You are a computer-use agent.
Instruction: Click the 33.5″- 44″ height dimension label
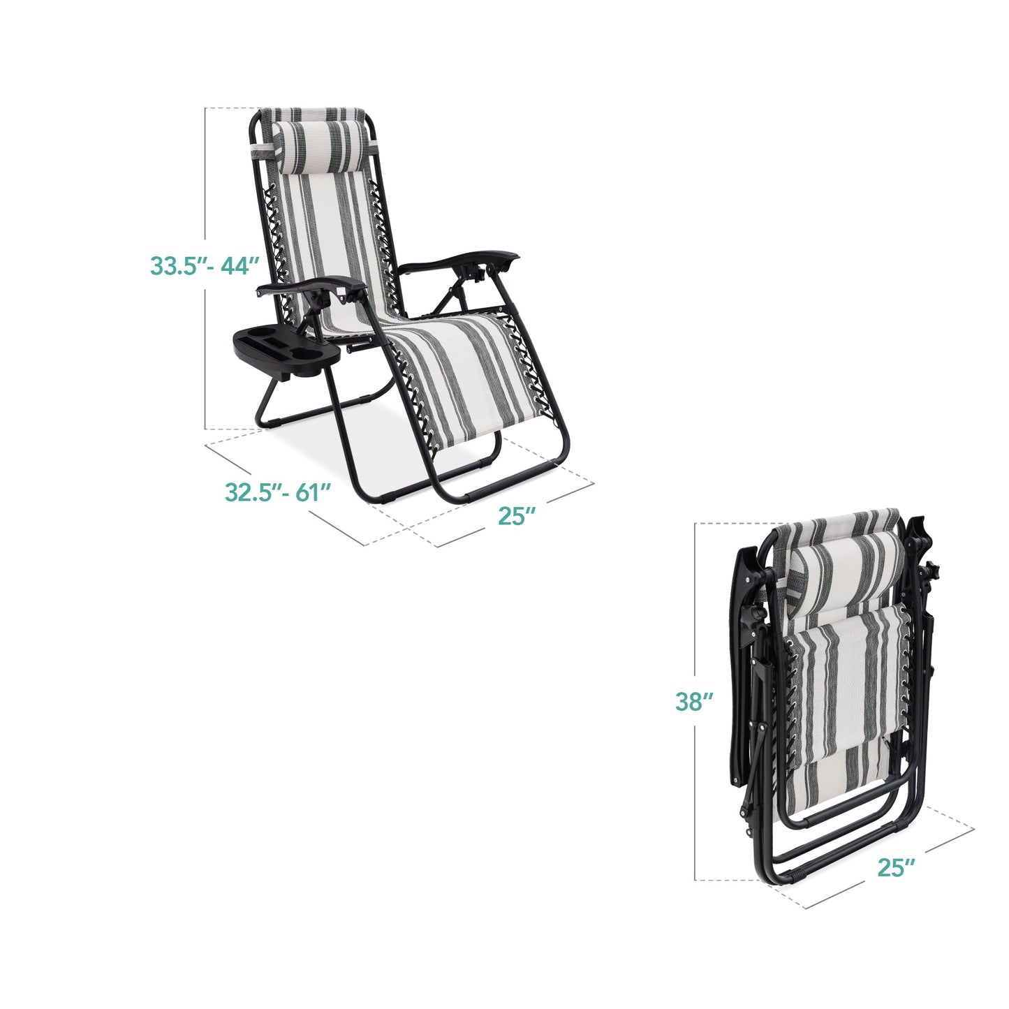[x=205, y=266]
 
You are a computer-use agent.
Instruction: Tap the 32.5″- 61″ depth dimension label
[x=277, y=492]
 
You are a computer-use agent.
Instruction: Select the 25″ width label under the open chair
[x=517, y=516]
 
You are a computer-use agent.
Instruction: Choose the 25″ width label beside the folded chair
[x=896, y=868]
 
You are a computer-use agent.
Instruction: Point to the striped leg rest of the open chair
[x=454, y=377]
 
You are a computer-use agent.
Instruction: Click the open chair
[x=391, y=307]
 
